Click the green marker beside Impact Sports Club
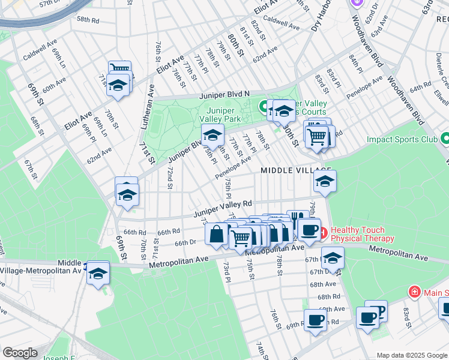(445, 139)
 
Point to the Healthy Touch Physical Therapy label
(363, 234)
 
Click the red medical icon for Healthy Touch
(323, 231)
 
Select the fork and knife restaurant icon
(297, 218)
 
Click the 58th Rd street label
(87, 19)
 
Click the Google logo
(19, 353)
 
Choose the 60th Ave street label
(54, 84)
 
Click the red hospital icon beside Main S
(414, 292)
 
